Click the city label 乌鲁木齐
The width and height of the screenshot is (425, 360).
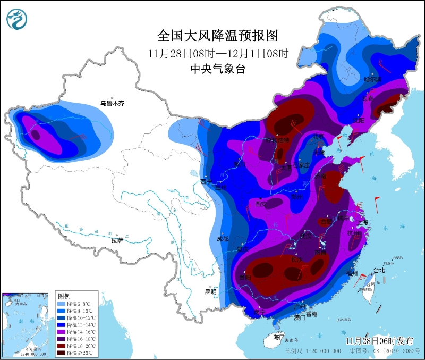click(x=112, y=103)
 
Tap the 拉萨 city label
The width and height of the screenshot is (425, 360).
click(x=117, y=240)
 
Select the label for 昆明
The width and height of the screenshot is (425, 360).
click(x=210, y=291)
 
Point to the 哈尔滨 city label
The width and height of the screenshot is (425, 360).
click(x=372, y=79)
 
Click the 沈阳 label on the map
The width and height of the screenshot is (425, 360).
click(x=359, y=120)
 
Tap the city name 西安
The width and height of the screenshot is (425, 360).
click(x=261, y=204)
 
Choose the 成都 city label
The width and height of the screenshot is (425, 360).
click(x=223, y=239)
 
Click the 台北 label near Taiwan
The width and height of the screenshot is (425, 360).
click(x=378, y=270)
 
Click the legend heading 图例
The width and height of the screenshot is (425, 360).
click(x=64, y=295)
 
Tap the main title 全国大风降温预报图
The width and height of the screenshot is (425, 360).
click(x=218, y=36)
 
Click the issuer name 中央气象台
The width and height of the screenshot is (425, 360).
click(x=218, y=69)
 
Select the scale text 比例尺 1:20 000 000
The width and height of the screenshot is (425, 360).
click(x=313, y=351)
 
